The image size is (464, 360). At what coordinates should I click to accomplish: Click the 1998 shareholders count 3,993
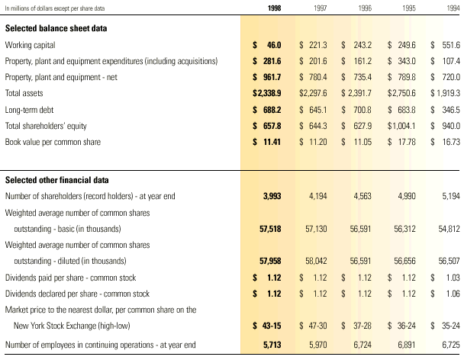pyautogui.click(x=272, y=196)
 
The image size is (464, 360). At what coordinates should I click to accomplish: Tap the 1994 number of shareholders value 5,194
pyautogui.click(x=449, y=196)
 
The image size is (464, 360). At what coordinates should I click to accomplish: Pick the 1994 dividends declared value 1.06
pyautogui.click(x=450, y=293)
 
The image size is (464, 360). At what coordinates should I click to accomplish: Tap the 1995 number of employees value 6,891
pyautogui.click(x=406, y=345)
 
